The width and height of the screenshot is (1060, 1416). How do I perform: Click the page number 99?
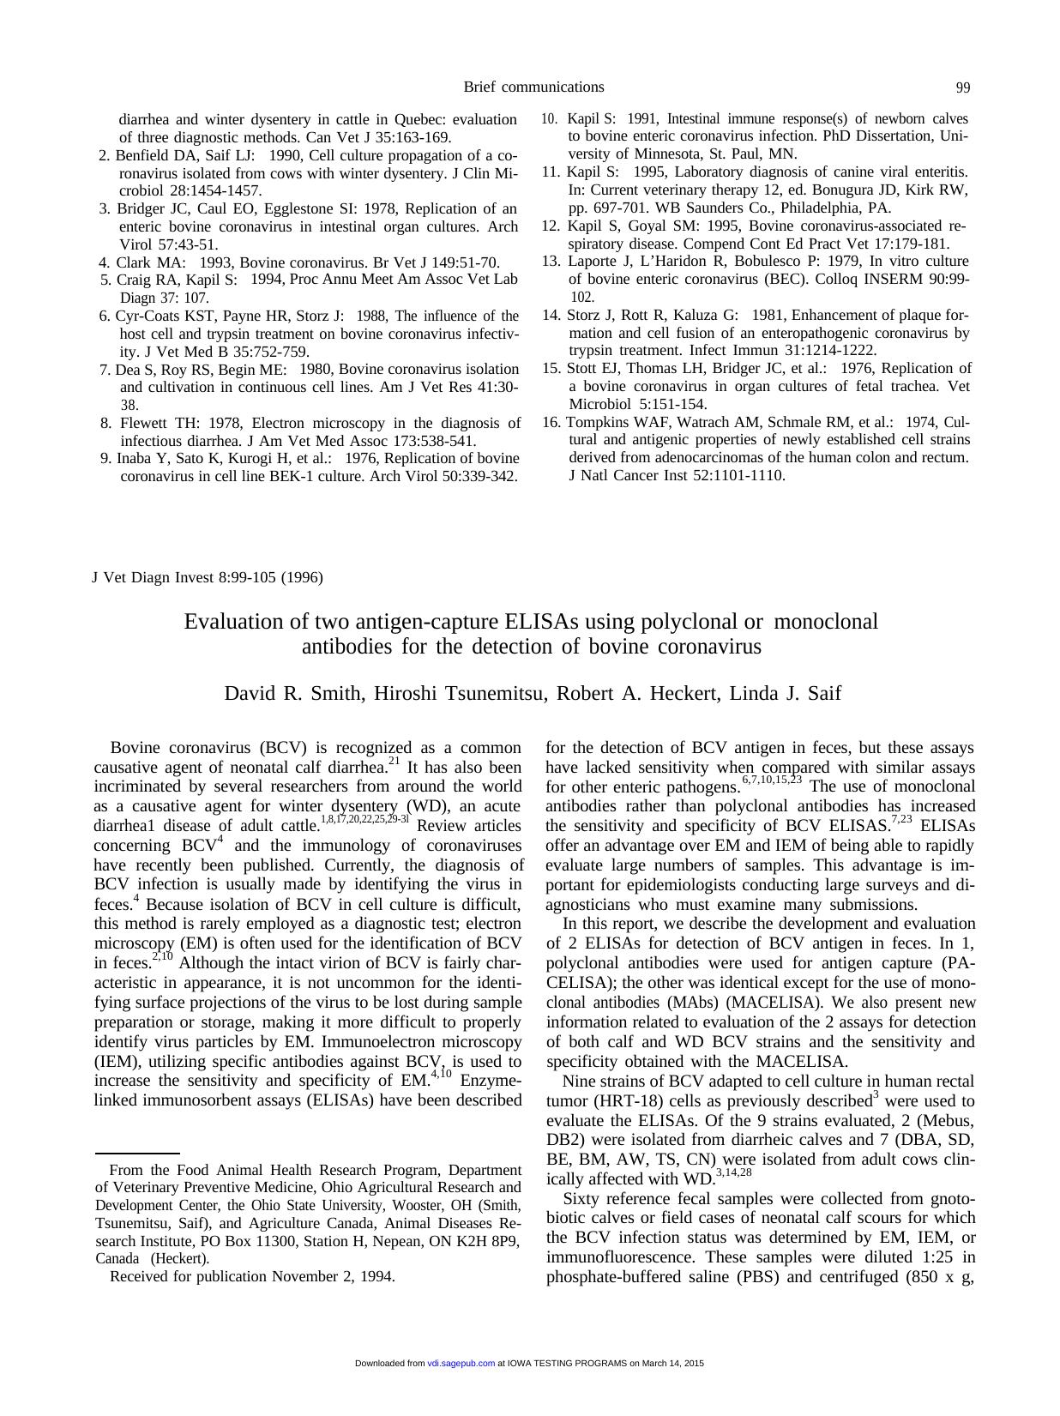[962, 87]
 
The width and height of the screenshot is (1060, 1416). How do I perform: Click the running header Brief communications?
[533, 87]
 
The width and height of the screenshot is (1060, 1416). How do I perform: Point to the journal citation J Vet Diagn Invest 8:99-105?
[207, 577]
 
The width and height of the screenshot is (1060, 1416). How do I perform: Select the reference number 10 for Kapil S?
[549, 119]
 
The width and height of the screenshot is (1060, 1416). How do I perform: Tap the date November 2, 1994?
[333, 1276]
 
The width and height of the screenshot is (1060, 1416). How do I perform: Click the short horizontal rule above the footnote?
[136, 1154]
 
